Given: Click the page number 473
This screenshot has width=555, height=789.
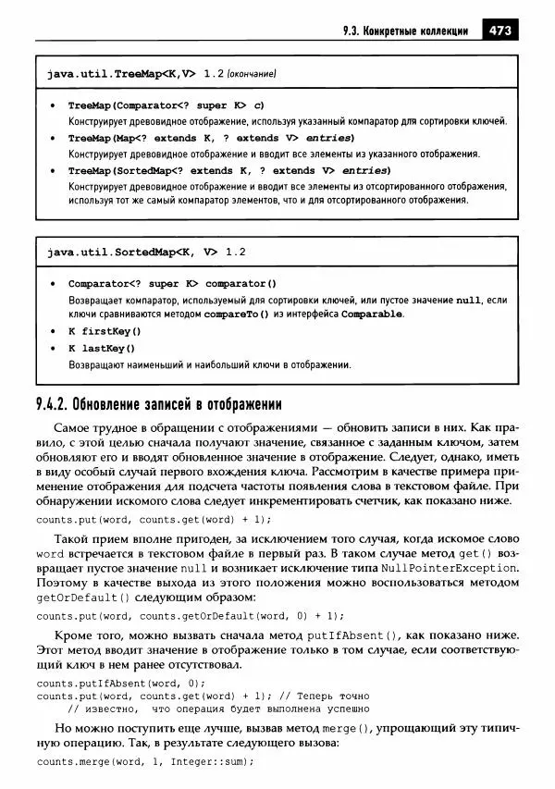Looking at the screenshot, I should (499, 29).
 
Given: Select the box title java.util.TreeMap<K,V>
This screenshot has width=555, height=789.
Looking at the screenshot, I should (122, 72).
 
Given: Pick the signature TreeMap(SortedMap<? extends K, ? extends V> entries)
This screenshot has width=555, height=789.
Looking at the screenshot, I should (216, 171).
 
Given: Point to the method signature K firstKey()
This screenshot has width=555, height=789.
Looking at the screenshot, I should (105, 330).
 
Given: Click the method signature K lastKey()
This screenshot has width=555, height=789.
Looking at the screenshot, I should (102, 348).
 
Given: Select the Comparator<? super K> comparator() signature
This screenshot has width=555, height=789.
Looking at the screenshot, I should (172, 283).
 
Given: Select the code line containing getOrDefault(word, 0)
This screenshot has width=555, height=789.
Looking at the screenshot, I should (190, 615).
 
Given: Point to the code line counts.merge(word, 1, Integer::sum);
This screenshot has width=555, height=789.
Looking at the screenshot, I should (144, 763).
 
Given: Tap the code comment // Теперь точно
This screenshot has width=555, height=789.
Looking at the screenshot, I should (323, 696).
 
